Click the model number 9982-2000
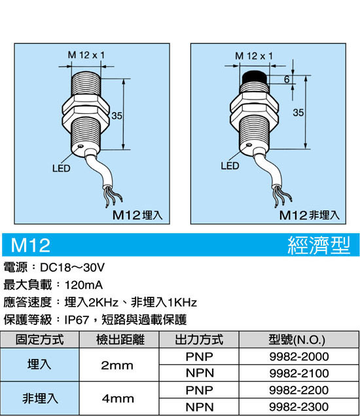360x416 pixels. (299, 356)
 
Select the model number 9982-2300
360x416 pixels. (299, 406)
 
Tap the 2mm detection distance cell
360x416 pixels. (117, 366)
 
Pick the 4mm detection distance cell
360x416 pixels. (118, 398)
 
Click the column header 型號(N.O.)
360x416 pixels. (297, 339)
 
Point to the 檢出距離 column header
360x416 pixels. (120, 339)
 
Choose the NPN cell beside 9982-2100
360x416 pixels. (200, 373)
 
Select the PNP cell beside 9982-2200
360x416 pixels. (200, 390)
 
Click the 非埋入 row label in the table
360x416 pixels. (40, 398)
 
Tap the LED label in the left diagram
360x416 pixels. (62, 168)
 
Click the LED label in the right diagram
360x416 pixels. (230, 166)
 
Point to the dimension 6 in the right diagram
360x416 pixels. (287, 79)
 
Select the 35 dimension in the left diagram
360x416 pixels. (117, 116)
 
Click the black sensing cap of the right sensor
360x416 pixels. (255, 77)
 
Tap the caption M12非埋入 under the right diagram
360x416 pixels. (310, 215)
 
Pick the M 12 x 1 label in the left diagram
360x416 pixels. (86, 55)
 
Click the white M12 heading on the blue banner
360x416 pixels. (31, 245)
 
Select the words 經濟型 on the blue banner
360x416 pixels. (319, 245)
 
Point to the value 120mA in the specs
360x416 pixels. (84, 285)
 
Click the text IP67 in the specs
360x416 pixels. (77, 320)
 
